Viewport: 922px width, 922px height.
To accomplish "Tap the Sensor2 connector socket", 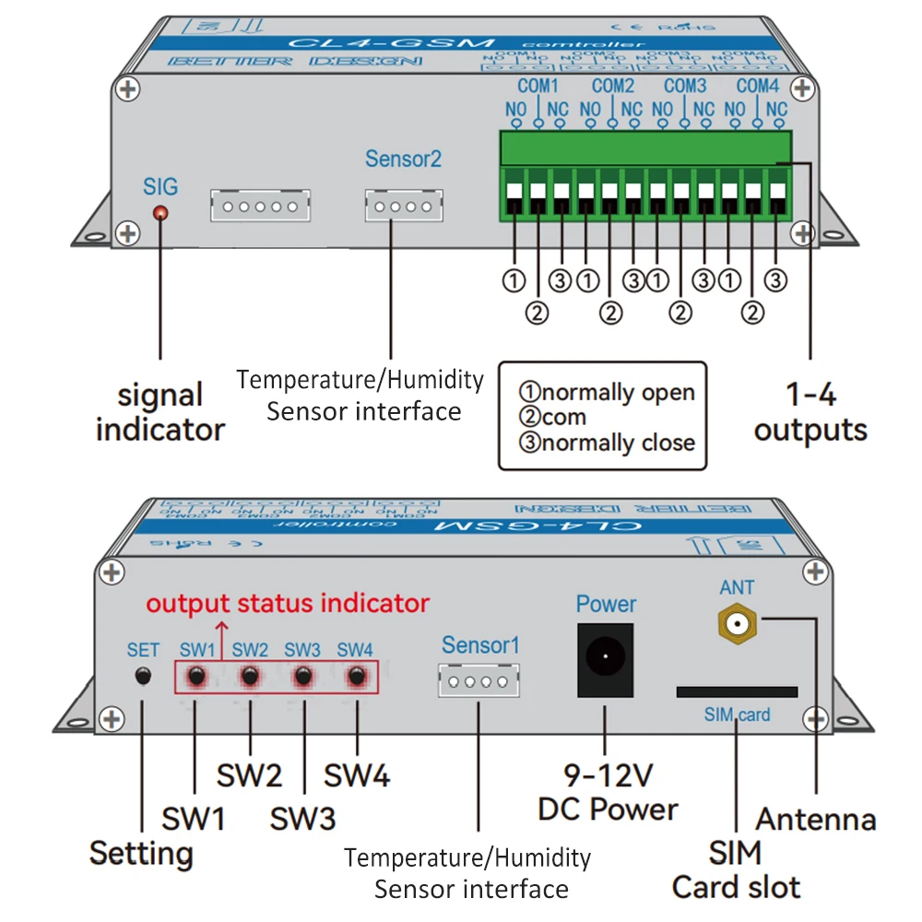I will click(x=403, y=205).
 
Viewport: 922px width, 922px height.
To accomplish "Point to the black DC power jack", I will click(x=605, y=660).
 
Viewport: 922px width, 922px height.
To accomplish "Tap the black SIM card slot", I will click(x=737, y=691).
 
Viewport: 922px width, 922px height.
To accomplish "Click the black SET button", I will click(x=142, y=676).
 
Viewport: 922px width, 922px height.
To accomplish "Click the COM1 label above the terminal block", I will click(x=538, y=87).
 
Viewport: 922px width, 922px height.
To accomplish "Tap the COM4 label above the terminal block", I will click(x=758, y=87).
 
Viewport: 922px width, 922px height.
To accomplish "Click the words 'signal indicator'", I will click(x=160, y=412).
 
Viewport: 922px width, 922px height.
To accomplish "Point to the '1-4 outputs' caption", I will click(x=810, y=412).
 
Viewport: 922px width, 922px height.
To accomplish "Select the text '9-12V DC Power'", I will click(x=608, y=792).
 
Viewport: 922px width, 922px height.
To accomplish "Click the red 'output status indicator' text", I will click(x=288, y=604).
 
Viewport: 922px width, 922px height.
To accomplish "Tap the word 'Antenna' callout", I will click(x=816, y=819).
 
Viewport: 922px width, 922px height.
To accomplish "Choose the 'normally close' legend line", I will click(x=609, y=443).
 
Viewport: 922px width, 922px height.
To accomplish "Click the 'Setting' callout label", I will click(x=141, y=853).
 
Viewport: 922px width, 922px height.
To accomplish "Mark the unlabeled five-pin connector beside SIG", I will click(x=260, y=205).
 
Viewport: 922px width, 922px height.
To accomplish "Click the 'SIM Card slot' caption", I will click(x=736, y=869).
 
